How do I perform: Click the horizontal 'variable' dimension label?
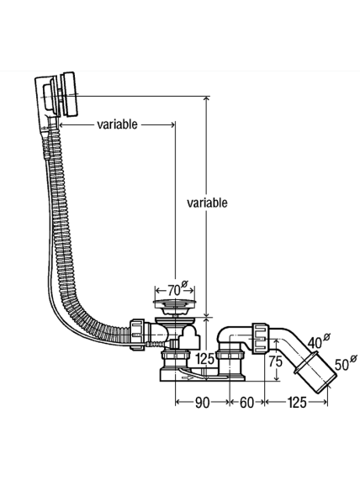[x=117, y=124]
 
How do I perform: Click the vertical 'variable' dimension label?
[x=207, y=203]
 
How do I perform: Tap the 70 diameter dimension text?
[x=174, y=290]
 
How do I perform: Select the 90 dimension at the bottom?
[x=202, y=403]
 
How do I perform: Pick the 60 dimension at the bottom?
[x=246, y=403]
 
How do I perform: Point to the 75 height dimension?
[x=275, y=361]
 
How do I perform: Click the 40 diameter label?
[x=315, y=343]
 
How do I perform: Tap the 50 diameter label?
[x=341, y=364]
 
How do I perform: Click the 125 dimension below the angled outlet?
[x=297, y=403]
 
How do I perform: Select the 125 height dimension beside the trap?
[x=204, y=358]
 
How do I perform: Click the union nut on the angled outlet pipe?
[x=261, y=338]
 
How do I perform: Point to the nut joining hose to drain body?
[x=137, y=335]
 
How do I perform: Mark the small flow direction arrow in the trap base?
[x=188, y=378]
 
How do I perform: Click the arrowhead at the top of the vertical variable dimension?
[x=207, y=99]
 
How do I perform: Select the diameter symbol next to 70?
[x=184, y=284]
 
